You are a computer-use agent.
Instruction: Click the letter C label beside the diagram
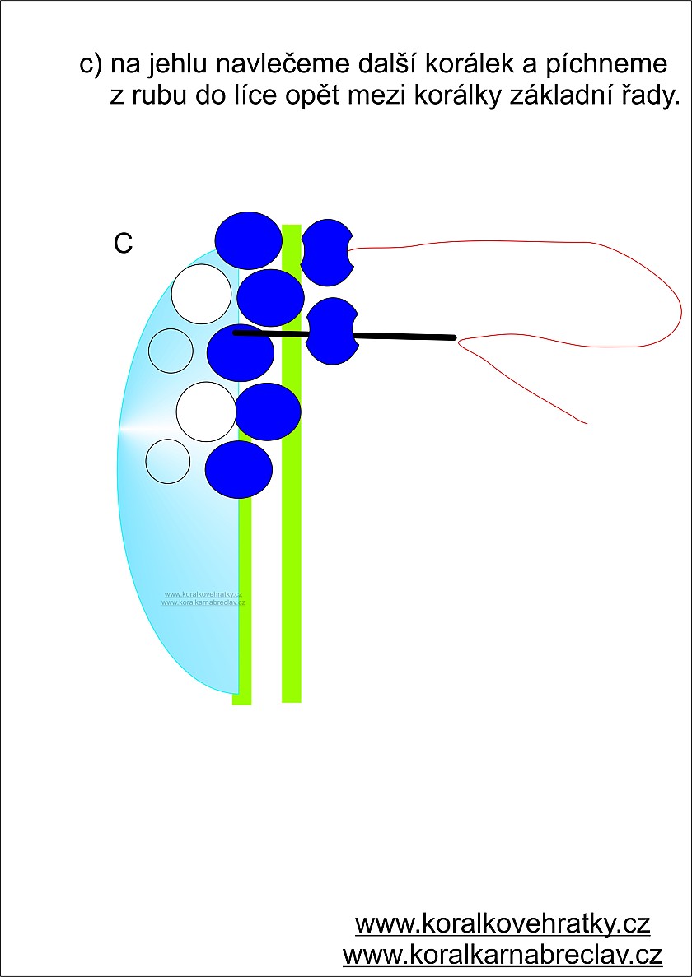coord(123,244)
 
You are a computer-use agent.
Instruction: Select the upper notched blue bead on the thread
coord(326,252)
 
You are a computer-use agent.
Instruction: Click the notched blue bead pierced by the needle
coord(331,331)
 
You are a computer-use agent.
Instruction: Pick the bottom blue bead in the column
coord(238,469)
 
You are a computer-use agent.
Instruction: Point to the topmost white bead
coord(201,294)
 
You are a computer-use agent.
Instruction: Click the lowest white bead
coord(167,461)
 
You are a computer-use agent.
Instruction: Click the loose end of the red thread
coord(585,423)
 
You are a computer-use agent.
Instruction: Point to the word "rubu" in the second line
coord(153,96)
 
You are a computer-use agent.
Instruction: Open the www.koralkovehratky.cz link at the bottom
coord(503,923)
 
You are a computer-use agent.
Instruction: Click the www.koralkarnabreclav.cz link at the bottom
coord(503,955)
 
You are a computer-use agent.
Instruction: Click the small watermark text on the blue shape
coord(203,598)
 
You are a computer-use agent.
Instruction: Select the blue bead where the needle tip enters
coord(240,351)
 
